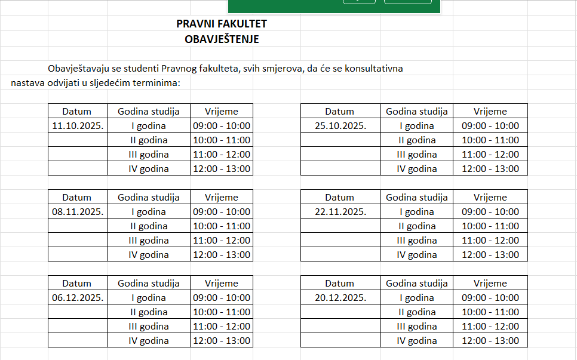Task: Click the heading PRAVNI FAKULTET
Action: pyautogui.click(x=222, y=24)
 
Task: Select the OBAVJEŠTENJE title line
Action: pyautogui.click(x=222, y=39)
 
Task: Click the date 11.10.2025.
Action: pyautogui.click(x=78, y=126)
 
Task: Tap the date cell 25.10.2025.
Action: pyautogui.click(x=340, y=126)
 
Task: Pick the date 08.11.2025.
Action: pyautogui.click(x=78, y=212)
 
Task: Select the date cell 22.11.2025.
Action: pyautogui.click(x=340, y=212)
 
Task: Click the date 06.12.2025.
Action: pyautogui.click(x=78, y=298)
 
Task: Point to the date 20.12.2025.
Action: pyautogui.click(x=340, y=298)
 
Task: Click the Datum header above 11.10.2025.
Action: pyautogui.click(x=77, y=112)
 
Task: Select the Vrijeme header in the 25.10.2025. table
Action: pyautogui.click(x=490, y=112)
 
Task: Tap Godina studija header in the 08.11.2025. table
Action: pyautogui.click(x=149, y=198)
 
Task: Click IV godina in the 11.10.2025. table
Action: pyautogui.click(x=149, y=169)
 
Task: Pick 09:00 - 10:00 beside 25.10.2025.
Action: pyautogui.click(x=490, y=126)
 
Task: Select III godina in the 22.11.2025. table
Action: pyautogui.click(x=417, y=241)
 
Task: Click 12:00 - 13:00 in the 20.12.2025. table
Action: pyautogui.click(x=490, y=341)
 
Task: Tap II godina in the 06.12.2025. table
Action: pyautogui.click(x=149, y=312)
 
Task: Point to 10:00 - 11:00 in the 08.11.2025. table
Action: pyautogui.click(x=222, y=226)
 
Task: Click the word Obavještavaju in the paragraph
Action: pyautogui.click(x=78, y=69)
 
